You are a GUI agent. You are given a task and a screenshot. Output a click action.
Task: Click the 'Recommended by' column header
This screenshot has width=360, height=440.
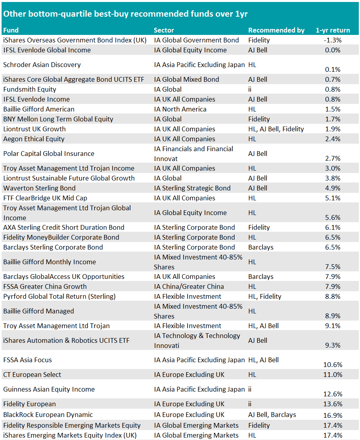tap(276, 30)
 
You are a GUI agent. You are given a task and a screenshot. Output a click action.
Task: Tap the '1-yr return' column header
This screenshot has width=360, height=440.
tap(333, 30)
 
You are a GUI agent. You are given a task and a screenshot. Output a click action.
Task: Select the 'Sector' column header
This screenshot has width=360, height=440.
tap(164, 30)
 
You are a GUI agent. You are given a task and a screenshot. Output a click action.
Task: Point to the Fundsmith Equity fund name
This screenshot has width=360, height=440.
tap(30, 89)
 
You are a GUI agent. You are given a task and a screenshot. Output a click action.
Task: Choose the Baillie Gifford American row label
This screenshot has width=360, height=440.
tap(38, 109)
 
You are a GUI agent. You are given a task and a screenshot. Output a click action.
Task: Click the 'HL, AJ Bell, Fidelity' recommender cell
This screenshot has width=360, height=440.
tap(276, 129)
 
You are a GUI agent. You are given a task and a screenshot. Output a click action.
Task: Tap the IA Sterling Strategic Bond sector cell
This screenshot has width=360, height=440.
tap(192, 188)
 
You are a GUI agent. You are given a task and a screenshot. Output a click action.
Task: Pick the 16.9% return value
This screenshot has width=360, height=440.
tap(333, 415)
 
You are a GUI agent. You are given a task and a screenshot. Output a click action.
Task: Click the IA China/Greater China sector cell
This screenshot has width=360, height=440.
tap(189, 286)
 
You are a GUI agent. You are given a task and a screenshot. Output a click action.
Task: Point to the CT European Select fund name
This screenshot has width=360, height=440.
tap(32, 375)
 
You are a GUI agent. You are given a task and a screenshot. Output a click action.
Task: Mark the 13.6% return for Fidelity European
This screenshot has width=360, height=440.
tap(333, 404)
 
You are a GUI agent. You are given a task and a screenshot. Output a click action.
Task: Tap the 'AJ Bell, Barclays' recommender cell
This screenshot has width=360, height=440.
tap(272, 415)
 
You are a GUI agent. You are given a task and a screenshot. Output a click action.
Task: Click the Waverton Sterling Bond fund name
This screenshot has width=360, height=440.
tap(39, 188)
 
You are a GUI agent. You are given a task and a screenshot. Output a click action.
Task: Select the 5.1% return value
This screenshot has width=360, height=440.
tap(333, 198)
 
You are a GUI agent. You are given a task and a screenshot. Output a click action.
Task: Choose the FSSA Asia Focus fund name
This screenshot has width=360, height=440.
tap(27, 360)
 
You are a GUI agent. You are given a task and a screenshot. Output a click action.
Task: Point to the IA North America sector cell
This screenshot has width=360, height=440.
tap(179, 109)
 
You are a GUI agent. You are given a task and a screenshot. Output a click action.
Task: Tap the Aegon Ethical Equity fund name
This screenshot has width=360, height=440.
tap(34, 139)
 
